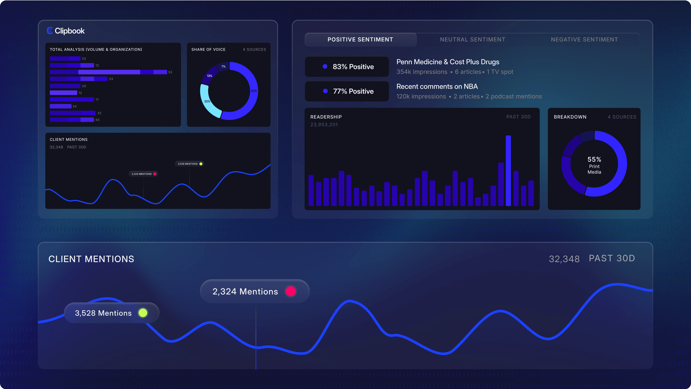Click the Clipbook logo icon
(50, 31)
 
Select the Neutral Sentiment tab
(473, 39)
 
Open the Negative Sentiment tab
(584, 39)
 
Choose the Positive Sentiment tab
(360, 39)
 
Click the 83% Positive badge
(347, 67)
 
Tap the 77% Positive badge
(347, 91)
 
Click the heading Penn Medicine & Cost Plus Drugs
(448, 62)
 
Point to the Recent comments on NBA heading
(437, 86)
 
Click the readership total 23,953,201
(324, 124)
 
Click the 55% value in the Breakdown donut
(594, 159)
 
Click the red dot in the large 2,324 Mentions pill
(290, 291)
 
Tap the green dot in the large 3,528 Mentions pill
(143, 313)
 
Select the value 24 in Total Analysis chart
(75, 106)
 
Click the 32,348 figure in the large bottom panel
(564, 259)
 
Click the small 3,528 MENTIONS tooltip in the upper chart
(190, 164)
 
